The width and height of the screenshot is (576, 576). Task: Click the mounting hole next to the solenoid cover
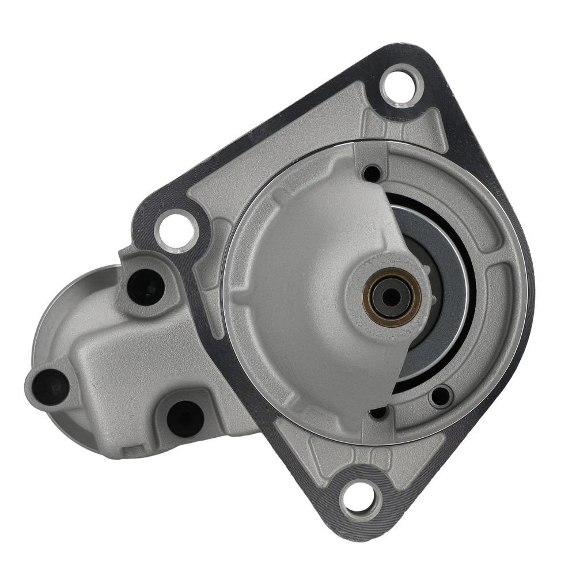tap(176, 231)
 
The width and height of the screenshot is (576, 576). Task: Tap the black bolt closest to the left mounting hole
tap(145, 286)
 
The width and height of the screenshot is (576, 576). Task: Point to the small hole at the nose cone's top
tap(372, 173)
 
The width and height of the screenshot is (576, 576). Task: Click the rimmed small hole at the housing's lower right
tap(441, 396)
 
